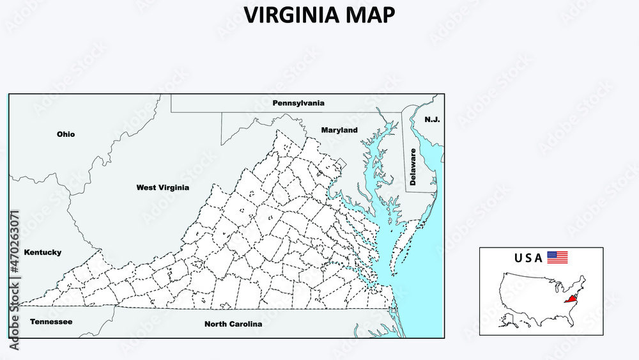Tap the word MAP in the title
click(371, 15)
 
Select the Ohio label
click(66, 134)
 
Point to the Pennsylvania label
click(298, 103)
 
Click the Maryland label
click(339, 130)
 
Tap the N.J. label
click(433, 120)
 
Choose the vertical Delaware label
click(413, 167)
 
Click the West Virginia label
click(162, 188)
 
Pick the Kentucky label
click(43, 253)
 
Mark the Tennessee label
click(51, 322)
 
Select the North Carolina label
click(233, 324)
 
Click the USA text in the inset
click(528, 258)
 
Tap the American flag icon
click(557, 258)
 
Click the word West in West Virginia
click(146, 188)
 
